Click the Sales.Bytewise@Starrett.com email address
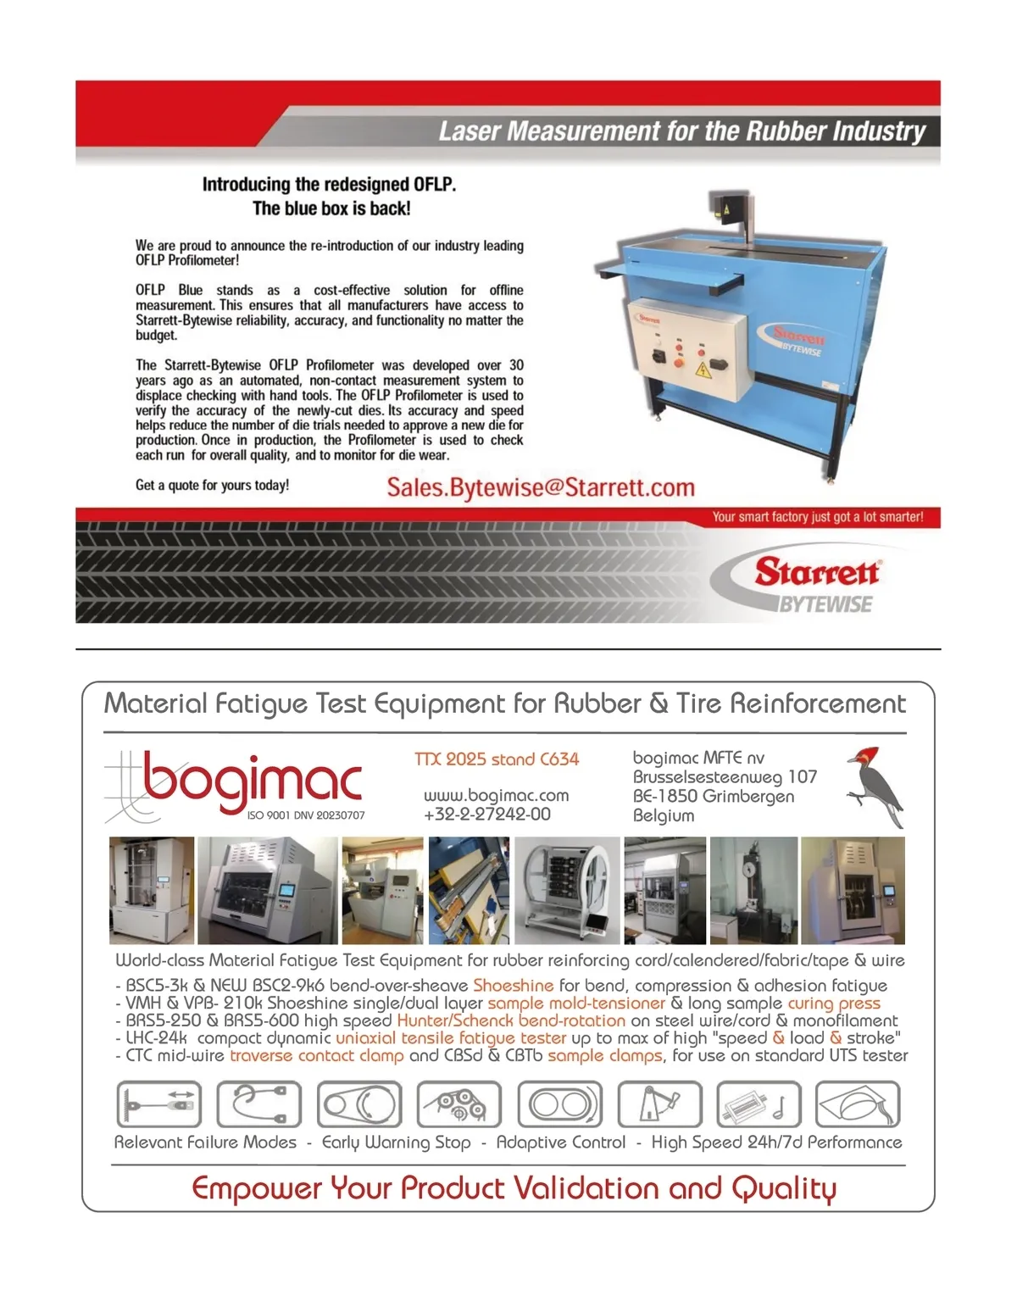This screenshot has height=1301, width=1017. coord(541,487)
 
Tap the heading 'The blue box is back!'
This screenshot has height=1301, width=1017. coord(331,208)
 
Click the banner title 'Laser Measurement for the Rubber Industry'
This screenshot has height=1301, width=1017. coord(682,131)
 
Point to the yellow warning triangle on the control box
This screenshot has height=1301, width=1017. coord(702,370)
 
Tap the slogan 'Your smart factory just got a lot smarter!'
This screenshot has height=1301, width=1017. coord(817,517)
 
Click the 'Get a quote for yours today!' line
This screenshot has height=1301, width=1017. coord(212,486)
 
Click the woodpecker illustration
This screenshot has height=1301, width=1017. coord(875,786)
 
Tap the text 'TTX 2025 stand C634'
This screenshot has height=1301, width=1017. coord(497,759)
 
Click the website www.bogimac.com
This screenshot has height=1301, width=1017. coord(496,796)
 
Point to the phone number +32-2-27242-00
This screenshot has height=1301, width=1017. coord(486,815)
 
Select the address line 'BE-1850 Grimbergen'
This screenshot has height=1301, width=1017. coord(713,797)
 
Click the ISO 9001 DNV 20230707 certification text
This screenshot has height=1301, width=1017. coord(305,815)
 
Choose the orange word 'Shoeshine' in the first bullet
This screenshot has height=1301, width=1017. coord(513,986)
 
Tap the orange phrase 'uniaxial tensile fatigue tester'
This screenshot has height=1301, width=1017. coord(450,1037)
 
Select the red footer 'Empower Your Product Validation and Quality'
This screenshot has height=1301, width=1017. coord(514,1188)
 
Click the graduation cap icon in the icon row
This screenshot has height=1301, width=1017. coord(857,1104)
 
